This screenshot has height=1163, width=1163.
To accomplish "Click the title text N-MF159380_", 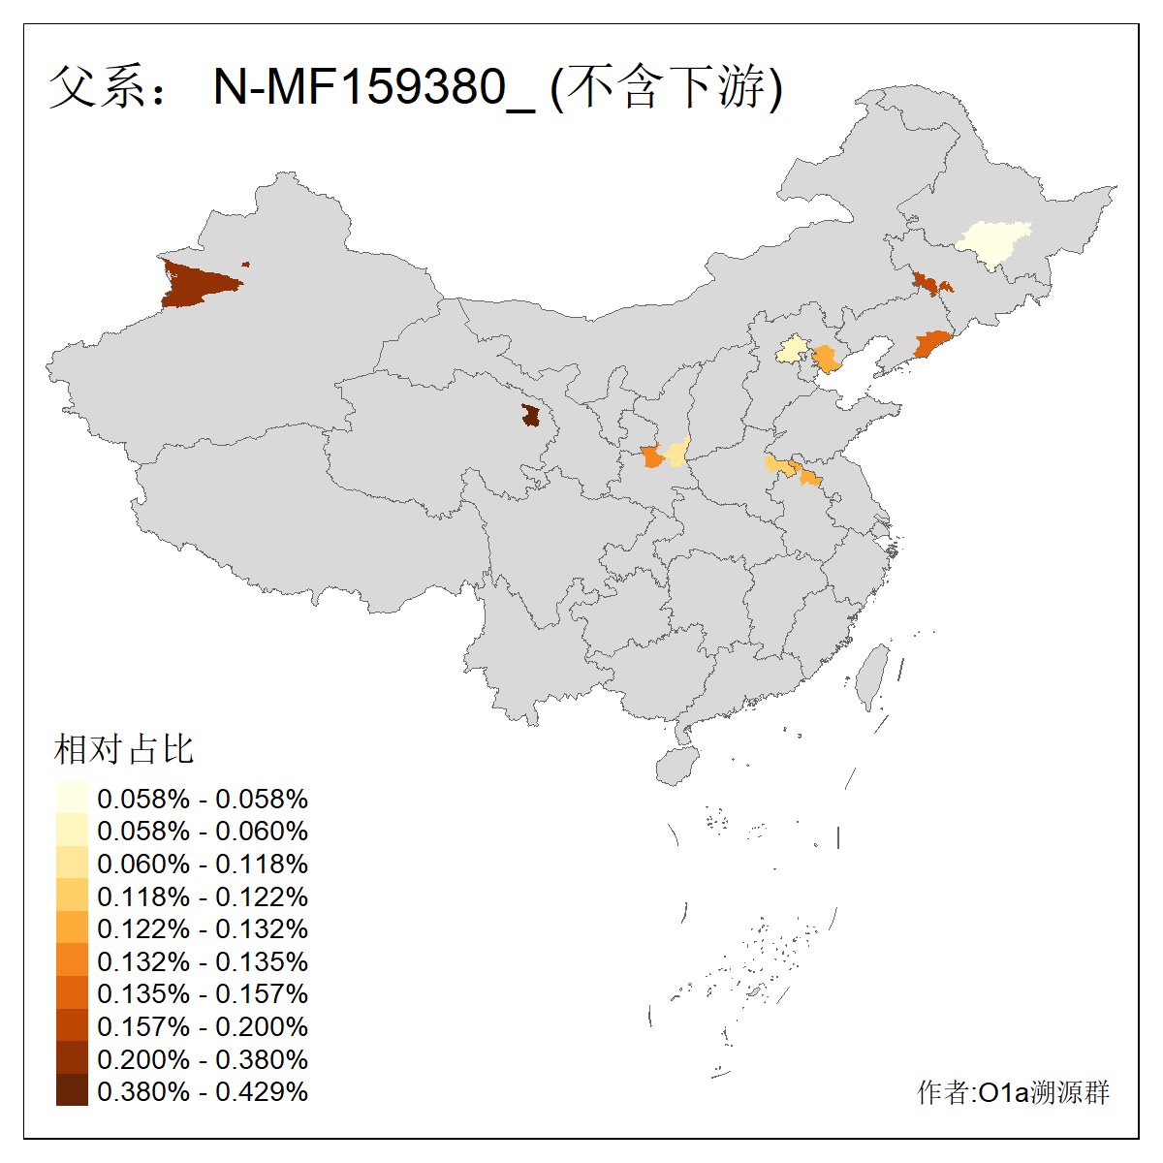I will click(x=373, y=87).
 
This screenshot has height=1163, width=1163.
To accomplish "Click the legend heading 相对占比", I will click(x=124, y=749).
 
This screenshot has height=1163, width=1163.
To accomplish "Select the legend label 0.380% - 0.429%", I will click(x=203, y=1091).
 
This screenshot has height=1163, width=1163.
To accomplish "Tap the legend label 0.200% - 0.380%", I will click(x=203, y=1059).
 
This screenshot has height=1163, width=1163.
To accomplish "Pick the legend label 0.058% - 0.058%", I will click(x=203, y=799).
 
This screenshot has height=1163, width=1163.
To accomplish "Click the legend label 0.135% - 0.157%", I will click(x=203, y=993).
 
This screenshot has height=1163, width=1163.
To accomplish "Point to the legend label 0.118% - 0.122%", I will click(x=203, y=896).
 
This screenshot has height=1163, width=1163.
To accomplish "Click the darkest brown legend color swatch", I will click(x=72, y=1091).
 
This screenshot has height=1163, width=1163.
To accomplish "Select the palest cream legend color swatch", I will click(x=72, y=797).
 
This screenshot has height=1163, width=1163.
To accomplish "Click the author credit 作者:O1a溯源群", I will click(x=1013, y=1093).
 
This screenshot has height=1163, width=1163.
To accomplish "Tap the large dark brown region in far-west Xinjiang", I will click(x=199, y=284).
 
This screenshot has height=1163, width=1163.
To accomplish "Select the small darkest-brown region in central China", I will click(x=531, y=416).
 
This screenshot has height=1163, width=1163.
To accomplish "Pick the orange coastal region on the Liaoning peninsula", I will click(x=933, y=344).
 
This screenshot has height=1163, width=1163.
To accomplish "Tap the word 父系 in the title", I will click(x=92, y=87).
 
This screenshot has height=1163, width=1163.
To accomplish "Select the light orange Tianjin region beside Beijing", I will click(x=826, y=360).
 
